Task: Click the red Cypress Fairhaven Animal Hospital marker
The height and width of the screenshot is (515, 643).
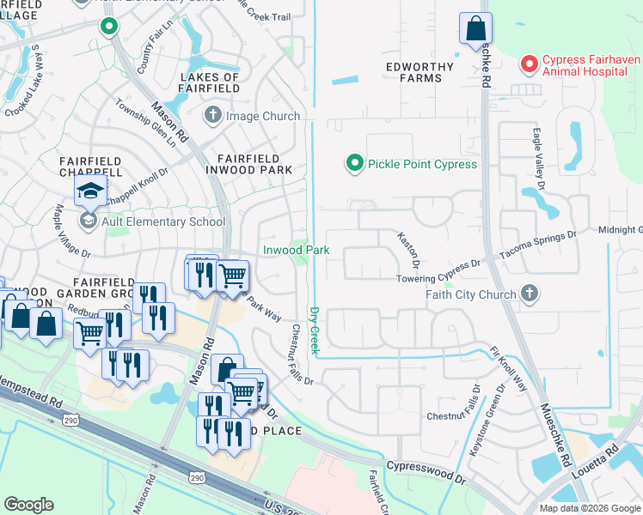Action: [529, 64]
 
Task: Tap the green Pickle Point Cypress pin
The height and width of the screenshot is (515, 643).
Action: [352, 163]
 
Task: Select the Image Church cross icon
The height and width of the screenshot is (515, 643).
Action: [212, 115]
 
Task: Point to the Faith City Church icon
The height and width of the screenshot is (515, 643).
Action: [530, 294]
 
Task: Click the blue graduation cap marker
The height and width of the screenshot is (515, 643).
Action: [89, 192]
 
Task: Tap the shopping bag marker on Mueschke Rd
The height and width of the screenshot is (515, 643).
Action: [475, 29]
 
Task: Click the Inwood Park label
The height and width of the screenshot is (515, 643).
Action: [296, 250]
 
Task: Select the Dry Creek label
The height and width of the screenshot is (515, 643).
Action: [315, 330]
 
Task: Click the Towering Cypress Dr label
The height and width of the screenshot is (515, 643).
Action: [437, 279]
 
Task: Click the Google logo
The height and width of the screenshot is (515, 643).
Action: [28, 505]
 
